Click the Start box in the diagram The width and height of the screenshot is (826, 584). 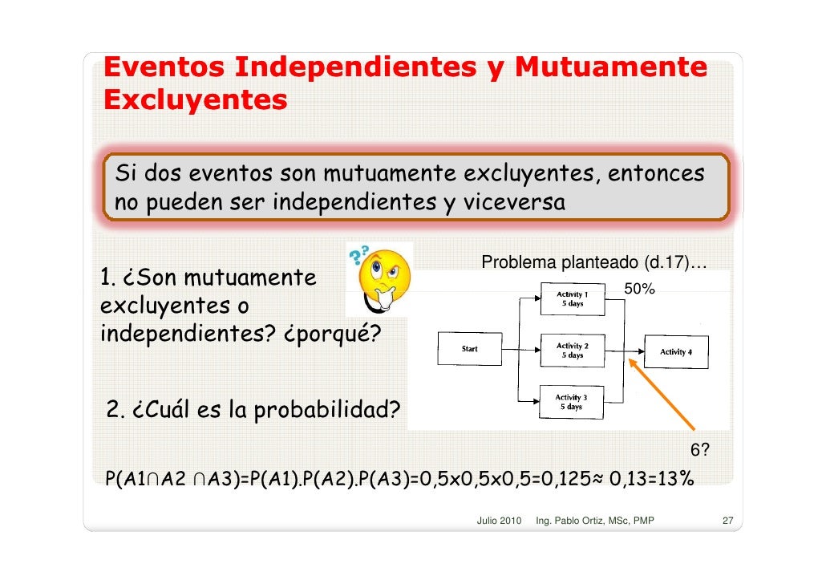(470, 349)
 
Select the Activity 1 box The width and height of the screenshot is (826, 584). (572, 299)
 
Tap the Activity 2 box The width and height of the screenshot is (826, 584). (572, 350)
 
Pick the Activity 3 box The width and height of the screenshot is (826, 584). (571, 401)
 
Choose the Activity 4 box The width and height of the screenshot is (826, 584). (676, 351)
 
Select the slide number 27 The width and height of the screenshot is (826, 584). (728, 521)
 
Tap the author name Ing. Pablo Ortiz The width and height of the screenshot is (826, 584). (579, 521)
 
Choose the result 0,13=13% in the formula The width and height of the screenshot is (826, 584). (652, 479)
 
